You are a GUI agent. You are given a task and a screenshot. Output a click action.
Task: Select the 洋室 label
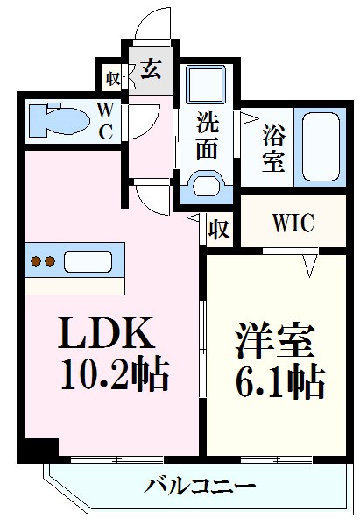272,341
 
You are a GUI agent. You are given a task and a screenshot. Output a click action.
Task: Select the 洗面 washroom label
207,136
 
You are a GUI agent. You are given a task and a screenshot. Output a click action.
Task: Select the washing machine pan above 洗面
207,88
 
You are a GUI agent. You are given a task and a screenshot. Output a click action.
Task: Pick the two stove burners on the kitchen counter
45,260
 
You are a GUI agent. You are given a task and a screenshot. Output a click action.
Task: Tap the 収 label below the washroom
219,230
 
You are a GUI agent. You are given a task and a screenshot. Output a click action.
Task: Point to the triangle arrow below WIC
308,262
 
